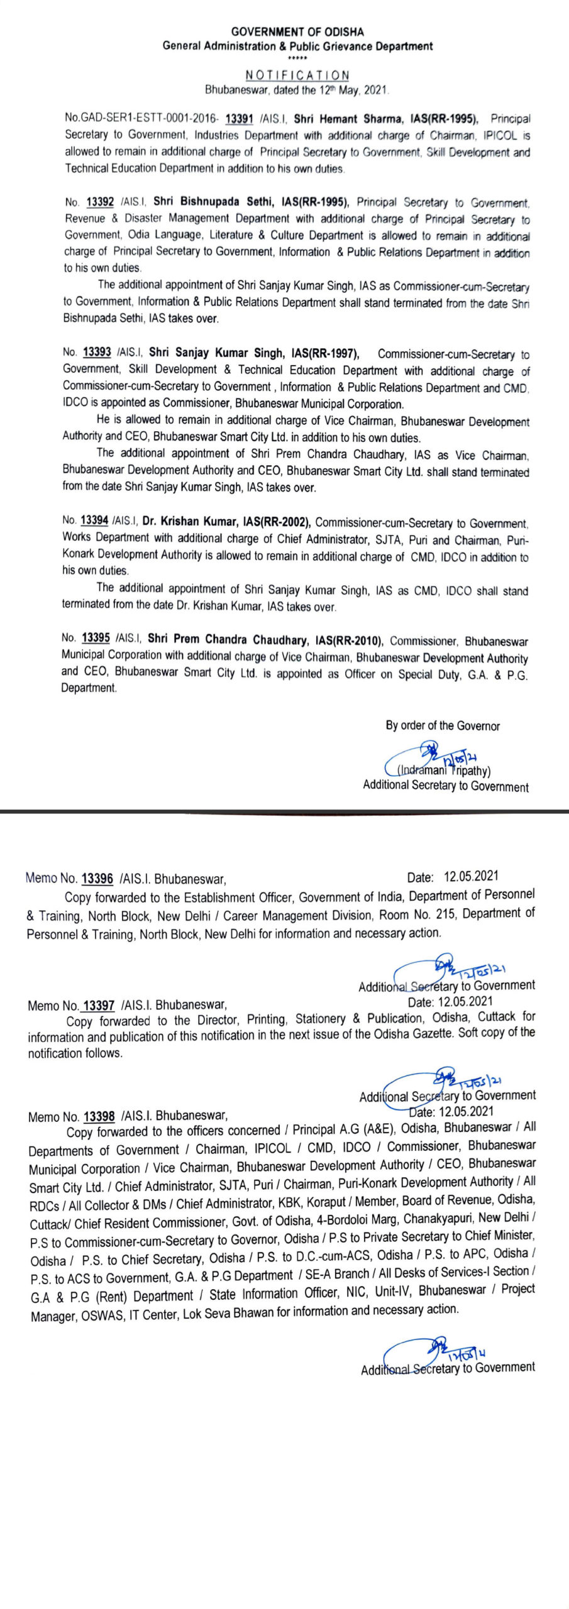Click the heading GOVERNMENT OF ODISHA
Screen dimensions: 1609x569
click(x=297, y=31)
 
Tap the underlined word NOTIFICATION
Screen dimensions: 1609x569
click(x=297, y=75)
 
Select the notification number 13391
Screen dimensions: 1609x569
click(x=239, y=119)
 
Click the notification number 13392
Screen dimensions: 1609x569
click(x=100, y=202)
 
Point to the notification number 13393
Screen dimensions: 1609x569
click(x=96, y=353)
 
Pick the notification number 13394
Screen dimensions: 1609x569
click(x=94, y=520)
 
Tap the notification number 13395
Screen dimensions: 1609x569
click(x=96, y=638)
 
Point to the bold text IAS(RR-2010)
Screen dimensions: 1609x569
click(x=351, y=640)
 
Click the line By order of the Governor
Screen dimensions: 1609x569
click(x=443, y=726)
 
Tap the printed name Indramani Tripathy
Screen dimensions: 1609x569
click(x=444, y=771)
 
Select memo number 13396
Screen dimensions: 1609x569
click(x=97, y=879)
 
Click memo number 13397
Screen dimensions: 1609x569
click(x=99, y=1006)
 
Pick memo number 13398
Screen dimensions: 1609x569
click(x=99, y=1116)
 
